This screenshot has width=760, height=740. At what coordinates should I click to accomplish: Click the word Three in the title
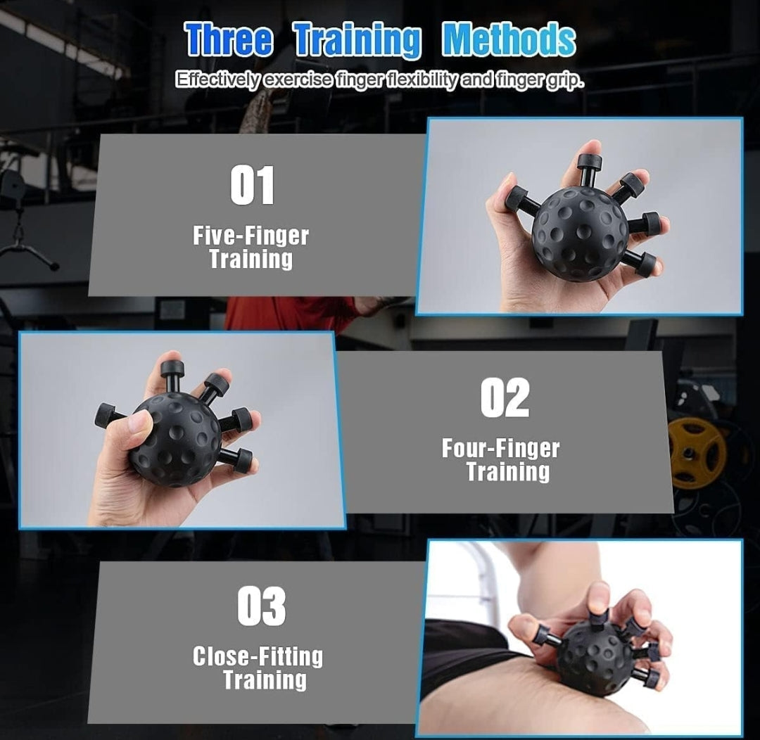pyautogui.click(x=229, y=39)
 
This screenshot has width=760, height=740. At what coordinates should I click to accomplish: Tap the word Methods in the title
pyautogui.click(x=509, y=39)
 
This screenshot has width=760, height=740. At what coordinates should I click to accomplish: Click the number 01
pyautogui.click(x=252, y=185)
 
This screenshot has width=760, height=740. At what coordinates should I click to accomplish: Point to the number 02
pyautogui.click(x=505, y=398)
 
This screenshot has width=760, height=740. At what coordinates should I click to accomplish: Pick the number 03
pyautogui.click(x=262, y=606)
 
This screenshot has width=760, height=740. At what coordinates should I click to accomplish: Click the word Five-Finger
pyautogui.click(x=251, y=236)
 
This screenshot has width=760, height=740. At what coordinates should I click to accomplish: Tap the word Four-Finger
pyautogui.click(x=501, y=449)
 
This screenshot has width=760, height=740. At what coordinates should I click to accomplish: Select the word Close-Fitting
pyautogui.click(x=258, y=657)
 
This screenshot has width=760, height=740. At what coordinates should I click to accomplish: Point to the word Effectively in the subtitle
pyautogui.click(x=218, y=79)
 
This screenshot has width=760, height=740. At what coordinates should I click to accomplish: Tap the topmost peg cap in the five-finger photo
pyautogui.click(x=589, y=161)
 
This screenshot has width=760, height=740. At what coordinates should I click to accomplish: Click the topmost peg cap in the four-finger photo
pyautogui.click(x=170, y=368)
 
